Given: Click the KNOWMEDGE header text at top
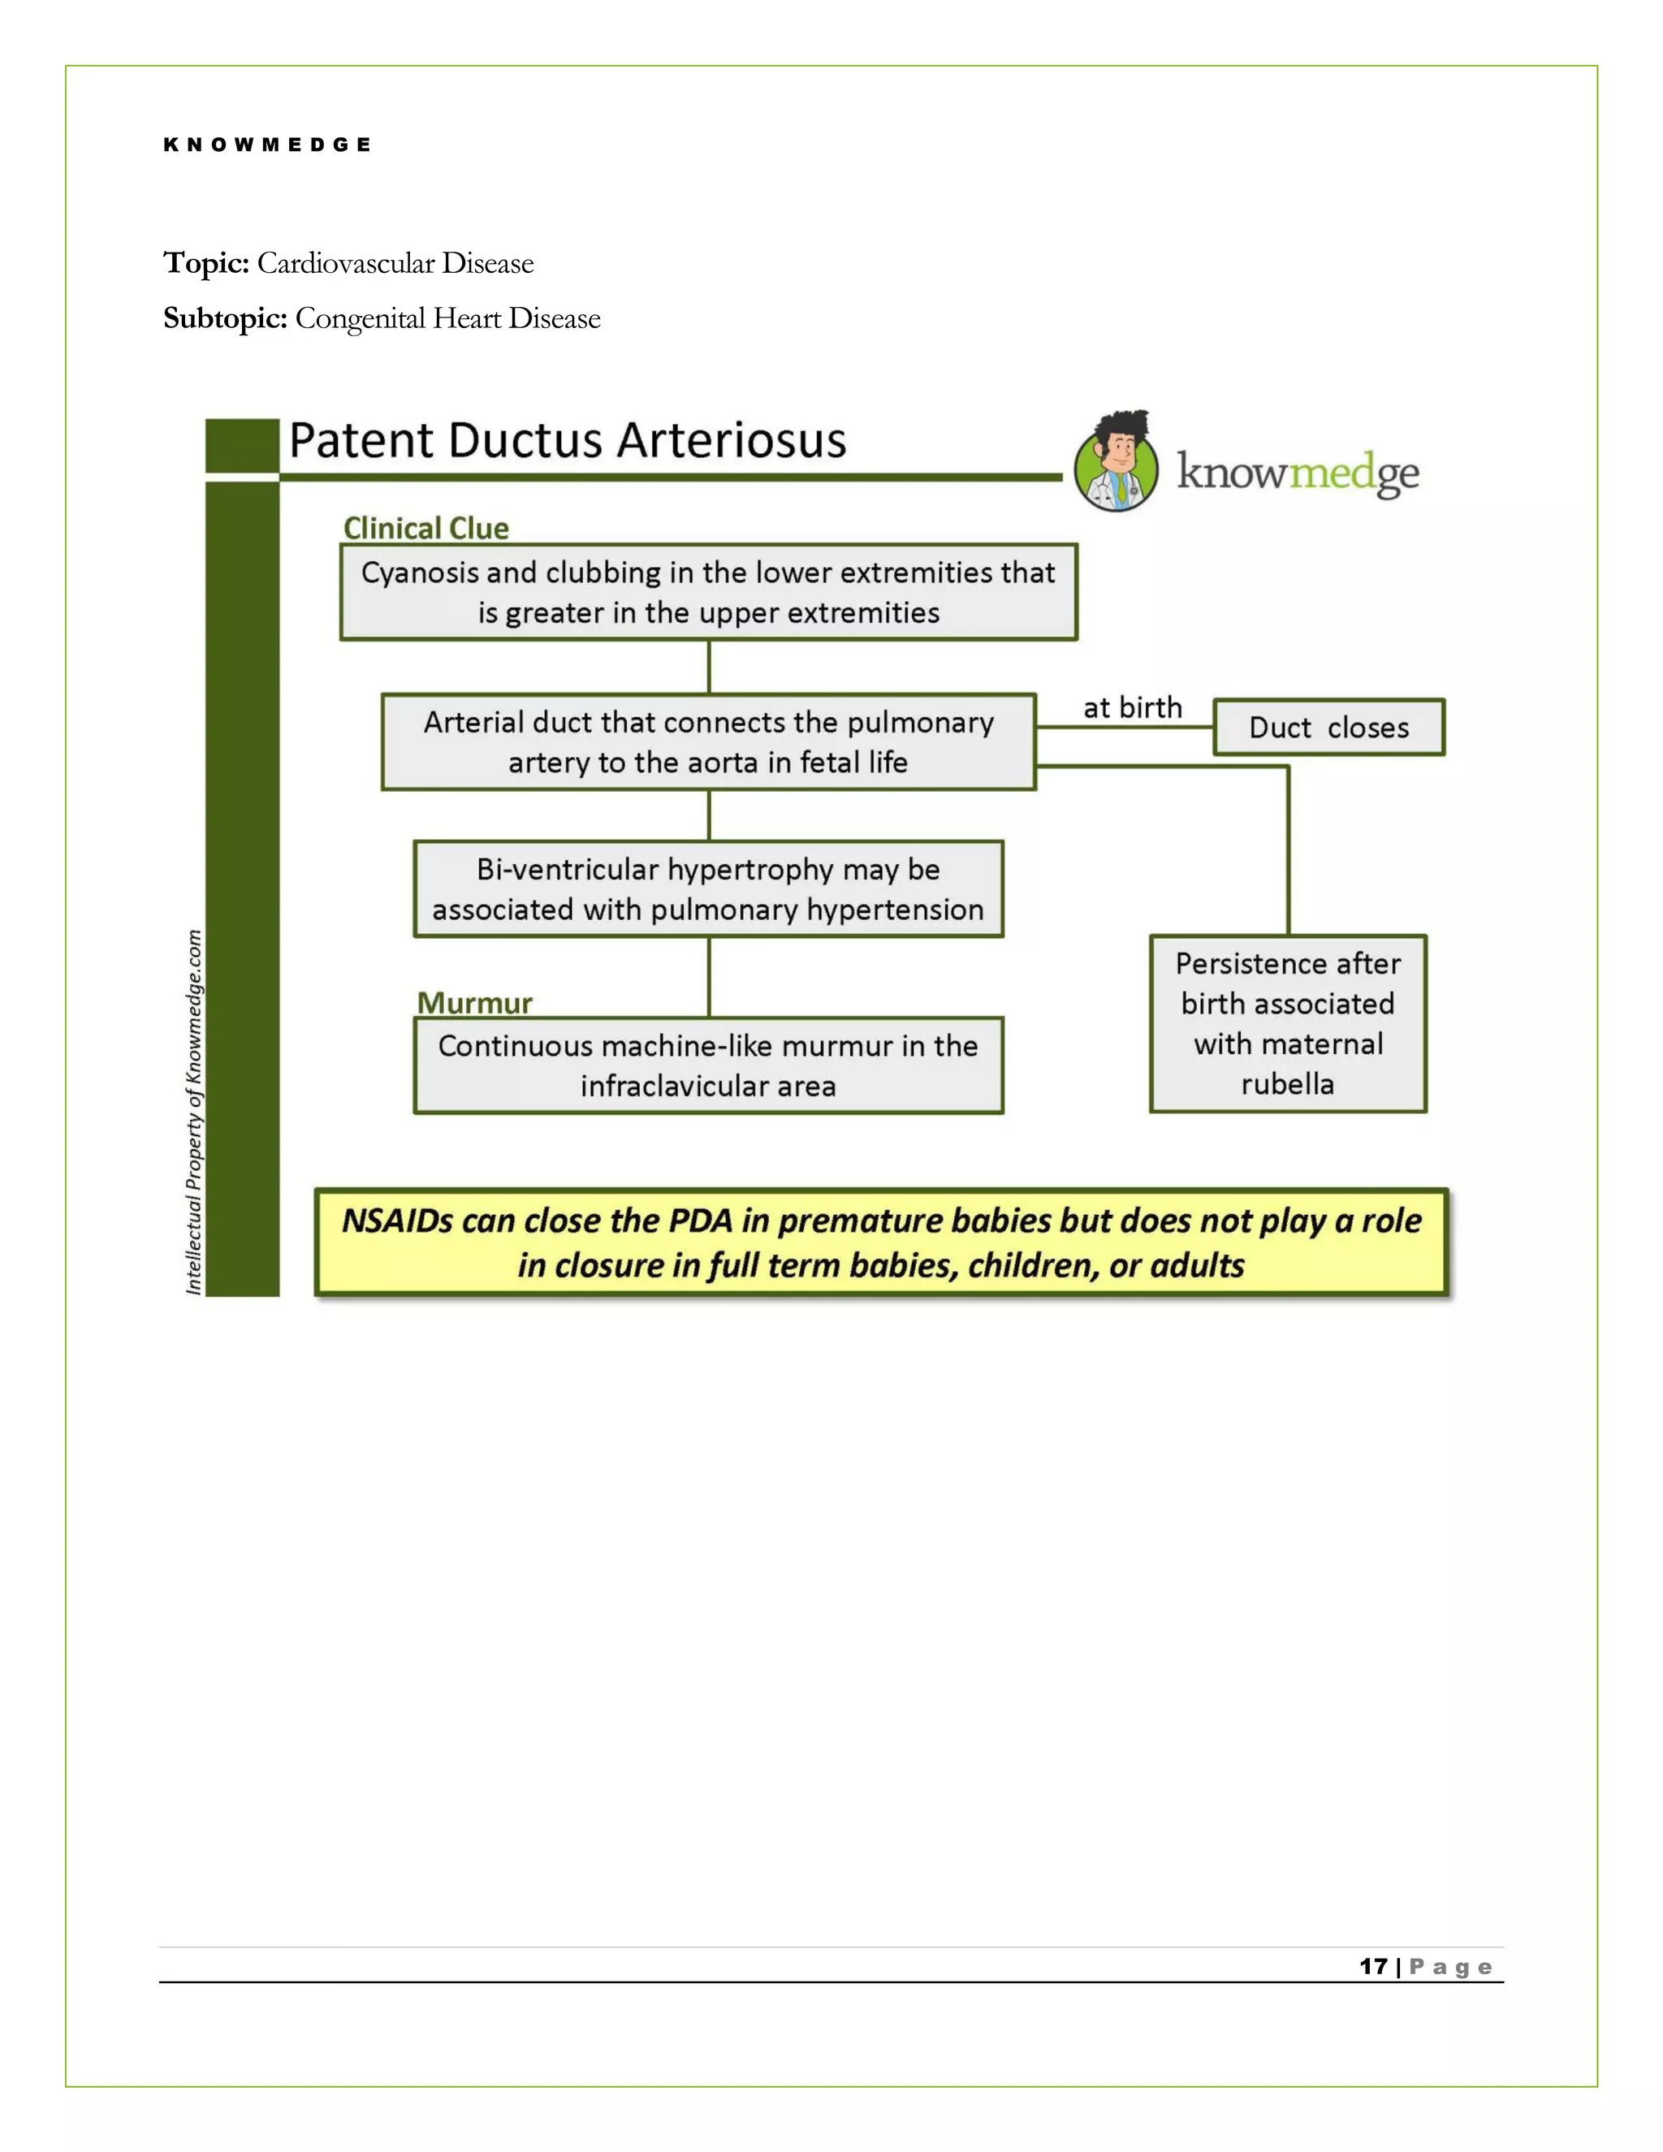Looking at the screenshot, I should [267, 145].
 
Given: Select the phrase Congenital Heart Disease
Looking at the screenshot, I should [447, 318].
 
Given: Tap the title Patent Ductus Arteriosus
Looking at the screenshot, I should [568, 440].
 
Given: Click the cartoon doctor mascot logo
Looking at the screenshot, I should [1117, 462].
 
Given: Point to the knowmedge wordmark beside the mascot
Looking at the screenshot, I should [1298, 473].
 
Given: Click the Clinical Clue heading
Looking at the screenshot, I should [425, 528].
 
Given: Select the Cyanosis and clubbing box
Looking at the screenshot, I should [708, 592].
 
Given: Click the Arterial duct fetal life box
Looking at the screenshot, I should [708, 742].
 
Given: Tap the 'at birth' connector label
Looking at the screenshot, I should [1132, 707].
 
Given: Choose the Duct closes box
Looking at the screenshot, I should [1328, 727].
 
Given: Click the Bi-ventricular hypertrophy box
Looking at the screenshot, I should [708, 888].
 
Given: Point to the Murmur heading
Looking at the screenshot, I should [474, 1003].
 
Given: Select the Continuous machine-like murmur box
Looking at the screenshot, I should [708, 1065].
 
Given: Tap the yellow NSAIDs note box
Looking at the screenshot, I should [882, 1242].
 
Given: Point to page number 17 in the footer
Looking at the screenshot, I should [1373, 1967].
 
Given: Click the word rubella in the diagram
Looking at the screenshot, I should [1288, 1084].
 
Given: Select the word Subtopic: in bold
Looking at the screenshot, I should [225, 318].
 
